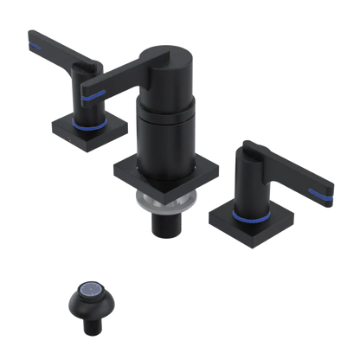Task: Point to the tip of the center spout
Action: tap(85, 87)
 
